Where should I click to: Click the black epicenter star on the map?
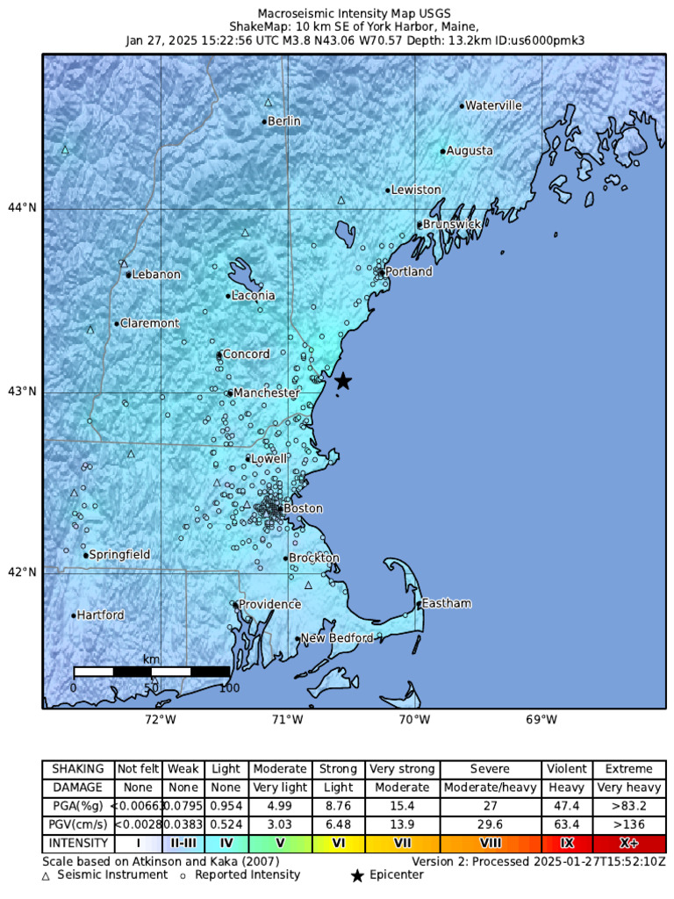(x=343, y=381)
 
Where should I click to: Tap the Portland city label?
(x=408, y=272)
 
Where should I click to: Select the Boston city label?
(x=303, y=508)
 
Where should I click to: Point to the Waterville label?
(x=493, y=105)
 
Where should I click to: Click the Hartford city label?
(x=101, y=615)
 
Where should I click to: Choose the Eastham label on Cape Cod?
(x=447, y=603)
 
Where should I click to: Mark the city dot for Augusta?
(x=443, y=151)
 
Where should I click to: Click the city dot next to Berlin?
(x=264, y=121)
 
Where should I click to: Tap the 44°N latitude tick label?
(x=23, y=208)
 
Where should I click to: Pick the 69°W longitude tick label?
(x=541, y=721)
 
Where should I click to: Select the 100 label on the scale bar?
(x=229, y=687)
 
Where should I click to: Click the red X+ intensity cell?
(x=628, y=842)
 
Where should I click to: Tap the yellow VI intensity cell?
(x=338, y=842)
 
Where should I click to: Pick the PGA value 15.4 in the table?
(x=403, y=805)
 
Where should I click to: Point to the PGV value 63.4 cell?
(x=567, y=823)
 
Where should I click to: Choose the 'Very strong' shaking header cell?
(x=403, y=769)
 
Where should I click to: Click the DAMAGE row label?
(x=78, y=788)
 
